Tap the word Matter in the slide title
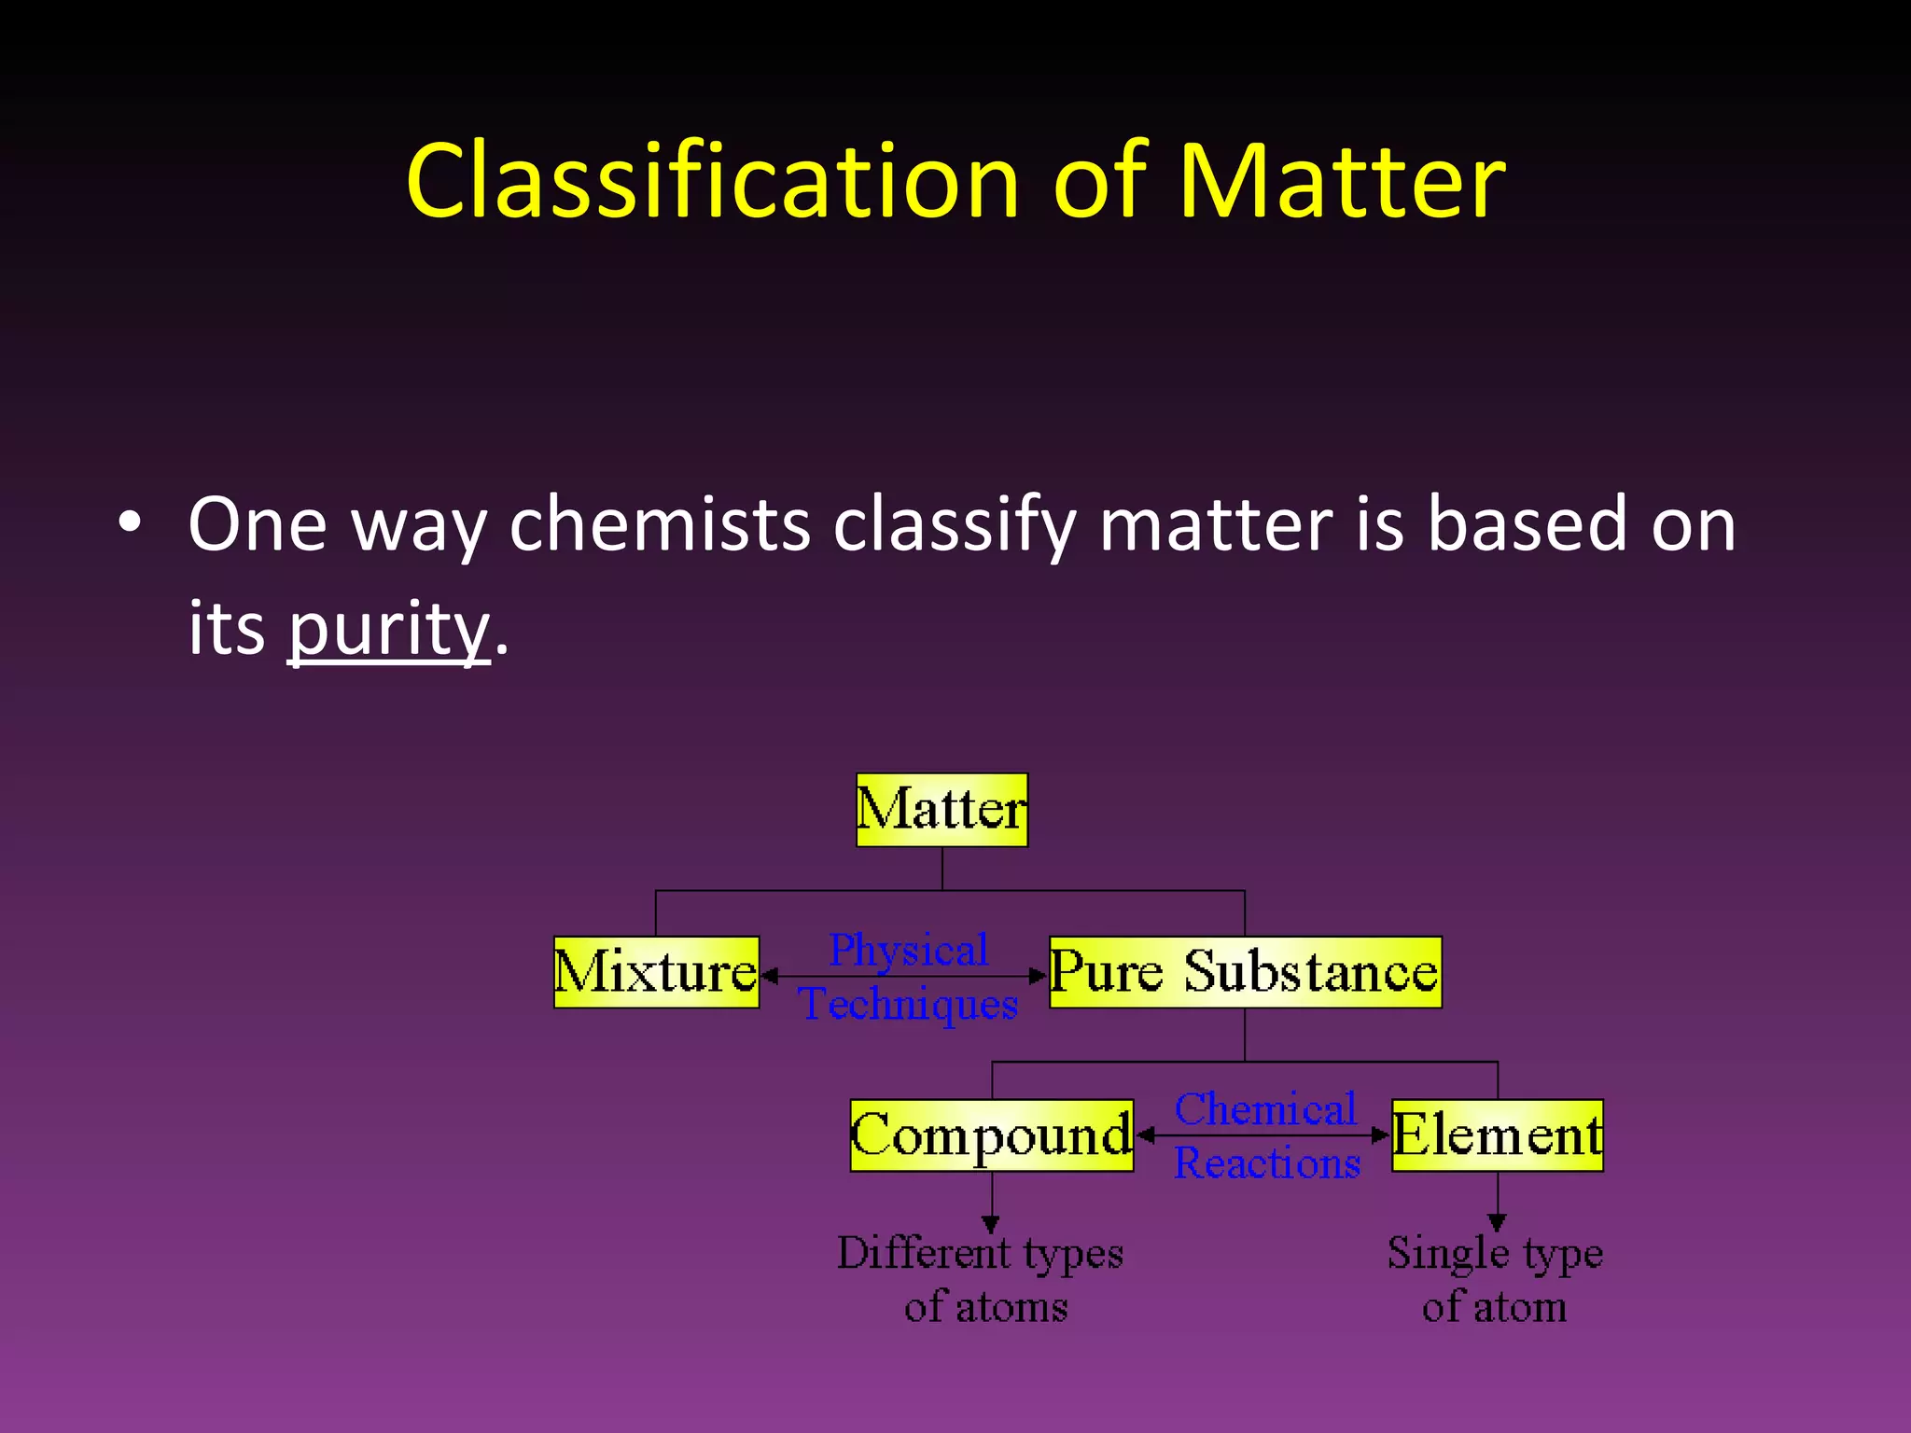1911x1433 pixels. tap(1341, 181)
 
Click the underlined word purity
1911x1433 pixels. tap(388, 628)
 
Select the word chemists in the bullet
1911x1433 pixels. tap(660, 524)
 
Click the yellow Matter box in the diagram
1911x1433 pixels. tap(942, 810)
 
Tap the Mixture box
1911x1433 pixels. tap(656, 972)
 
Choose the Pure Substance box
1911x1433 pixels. tap(1245, 972)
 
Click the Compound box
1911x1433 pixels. tap(991, 1135)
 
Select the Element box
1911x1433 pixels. tap(1497, 1135)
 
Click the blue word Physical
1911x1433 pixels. tap(908, 951)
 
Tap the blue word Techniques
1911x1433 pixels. tap(908, 1005)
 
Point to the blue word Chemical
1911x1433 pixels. tap(1264, 1109)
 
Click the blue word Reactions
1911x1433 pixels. tap(1266, 1163)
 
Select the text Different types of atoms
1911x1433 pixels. tap(981, 1279)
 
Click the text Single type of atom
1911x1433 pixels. tap(1494, 1279)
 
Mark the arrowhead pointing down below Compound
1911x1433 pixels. tap(991, 1223)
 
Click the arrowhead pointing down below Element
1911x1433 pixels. tap(1497, 1222)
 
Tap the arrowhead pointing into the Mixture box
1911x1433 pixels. tap(770, 976)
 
